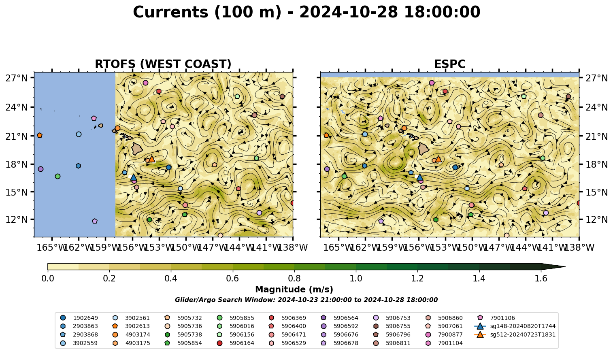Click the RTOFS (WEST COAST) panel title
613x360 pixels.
[x=163, y=64]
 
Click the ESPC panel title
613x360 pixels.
[x=449, y=64]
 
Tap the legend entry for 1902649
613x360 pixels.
[x=79, y=318]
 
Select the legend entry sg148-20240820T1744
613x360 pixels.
[x=515, y=326]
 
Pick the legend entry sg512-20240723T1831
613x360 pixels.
[x=515, y=334]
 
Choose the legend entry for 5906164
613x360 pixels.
[x=235, y=343]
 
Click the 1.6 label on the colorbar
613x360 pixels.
[x=541, y=279]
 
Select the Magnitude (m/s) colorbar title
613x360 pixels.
[x=294, y=290]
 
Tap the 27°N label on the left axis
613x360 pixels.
[x=17, y=78]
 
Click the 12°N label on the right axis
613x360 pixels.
[x=596, y=219]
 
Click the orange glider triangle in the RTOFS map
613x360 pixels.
[x=151, y=159]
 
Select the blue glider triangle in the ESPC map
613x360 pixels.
[x=419, y=177]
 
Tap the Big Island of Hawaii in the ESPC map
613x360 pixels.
[x=424, y=149]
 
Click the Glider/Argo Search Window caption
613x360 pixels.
[x=306, y=300]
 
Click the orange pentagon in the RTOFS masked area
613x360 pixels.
[x=40, y=135]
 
